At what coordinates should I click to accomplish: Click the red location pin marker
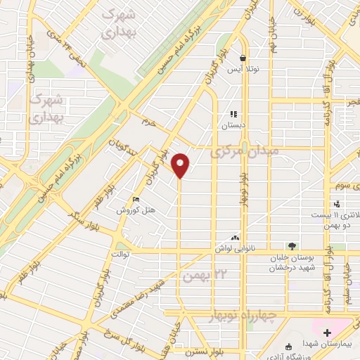(x=181, y=166)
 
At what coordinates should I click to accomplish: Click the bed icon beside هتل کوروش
(x=135, y=200)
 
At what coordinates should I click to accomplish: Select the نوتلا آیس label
(x=243, y=69)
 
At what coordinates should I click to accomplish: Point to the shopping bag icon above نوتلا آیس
(x=243, y=58)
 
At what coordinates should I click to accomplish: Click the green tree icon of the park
(x=292, y=246)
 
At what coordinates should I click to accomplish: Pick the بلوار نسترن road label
(x=191, y=349)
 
